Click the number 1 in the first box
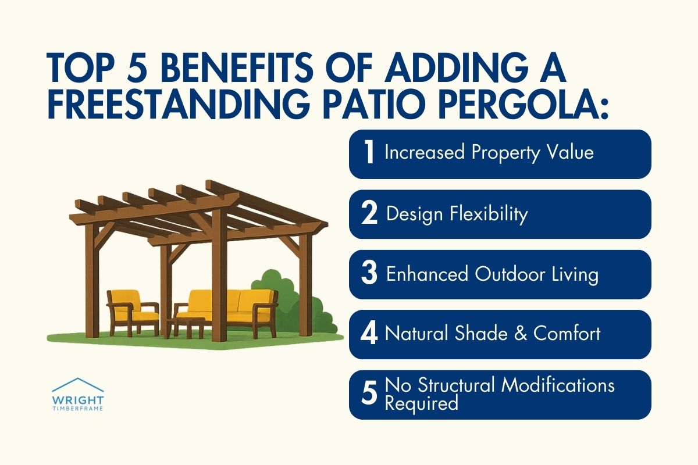tap(368, 153)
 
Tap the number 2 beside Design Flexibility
tap(369, 214)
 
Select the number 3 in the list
tap(369, 274)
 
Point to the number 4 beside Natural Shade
tap(369, 335)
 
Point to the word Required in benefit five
tap(422, 403)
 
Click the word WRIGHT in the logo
tap(78, 400)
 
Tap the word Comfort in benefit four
tap(567, 334)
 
